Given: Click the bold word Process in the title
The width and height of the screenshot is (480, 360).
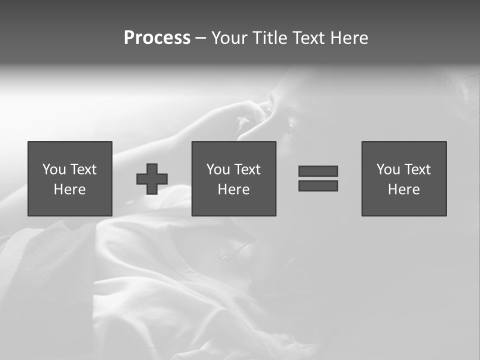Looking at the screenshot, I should click(x=157, y=38).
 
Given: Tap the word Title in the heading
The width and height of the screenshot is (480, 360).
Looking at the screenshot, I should click(x=270, y=38).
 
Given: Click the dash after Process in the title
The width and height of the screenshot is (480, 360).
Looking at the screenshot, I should click(x=200, y=38).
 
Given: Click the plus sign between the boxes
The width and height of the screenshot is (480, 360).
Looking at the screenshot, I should click(x=152, y=179).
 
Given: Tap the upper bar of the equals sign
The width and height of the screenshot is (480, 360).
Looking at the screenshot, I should click(x=318, y=171).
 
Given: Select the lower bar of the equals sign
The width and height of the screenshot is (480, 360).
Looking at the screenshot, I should click(x=318, y=185).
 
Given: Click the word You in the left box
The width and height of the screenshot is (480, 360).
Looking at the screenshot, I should click(x=54, y=169).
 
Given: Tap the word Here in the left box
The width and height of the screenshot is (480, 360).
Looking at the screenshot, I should click(x=69, y=189).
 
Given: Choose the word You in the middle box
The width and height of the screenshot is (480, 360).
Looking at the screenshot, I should click(x=218, y=169).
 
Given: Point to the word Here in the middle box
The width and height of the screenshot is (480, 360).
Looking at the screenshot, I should click(x=233, y=189).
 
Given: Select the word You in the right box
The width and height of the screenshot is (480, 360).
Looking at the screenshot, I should click(x=388, y=169).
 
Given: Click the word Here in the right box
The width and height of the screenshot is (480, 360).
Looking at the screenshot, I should click(x=403, y=189).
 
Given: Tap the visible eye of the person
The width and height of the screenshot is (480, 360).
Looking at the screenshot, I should click(x=289, y=128).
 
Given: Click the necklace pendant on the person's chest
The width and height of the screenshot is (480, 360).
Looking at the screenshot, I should click(x=220, y=254).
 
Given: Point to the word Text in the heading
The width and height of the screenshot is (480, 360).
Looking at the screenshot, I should click(x=306, y=38).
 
